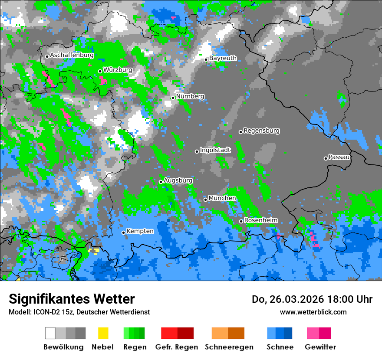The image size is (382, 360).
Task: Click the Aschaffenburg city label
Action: (72, 56)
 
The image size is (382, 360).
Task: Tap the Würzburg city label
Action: (118, 70)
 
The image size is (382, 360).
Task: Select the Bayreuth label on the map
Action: (223, 58)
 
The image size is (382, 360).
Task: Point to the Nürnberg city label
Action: (190, 96)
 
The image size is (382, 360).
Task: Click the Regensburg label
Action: (261, 131)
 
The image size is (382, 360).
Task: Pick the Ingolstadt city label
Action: (215, 150)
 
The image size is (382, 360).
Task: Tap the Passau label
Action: (339, 157)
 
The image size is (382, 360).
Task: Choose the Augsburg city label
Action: (178, 180)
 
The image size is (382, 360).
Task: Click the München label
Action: (222, 198)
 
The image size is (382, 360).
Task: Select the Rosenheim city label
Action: (260, 220)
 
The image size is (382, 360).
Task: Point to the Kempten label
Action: (140, 231)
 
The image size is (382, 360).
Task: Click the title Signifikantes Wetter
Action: (72, 299)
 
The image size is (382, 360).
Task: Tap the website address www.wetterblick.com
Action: (313, 312)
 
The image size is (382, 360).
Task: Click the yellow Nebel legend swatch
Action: (103, 333)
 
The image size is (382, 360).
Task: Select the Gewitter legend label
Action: (320, 347)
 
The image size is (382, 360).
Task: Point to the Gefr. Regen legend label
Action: (177, 347)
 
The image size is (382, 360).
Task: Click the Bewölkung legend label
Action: (63, 347)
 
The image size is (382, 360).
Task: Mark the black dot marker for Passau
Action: (326, 158)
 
